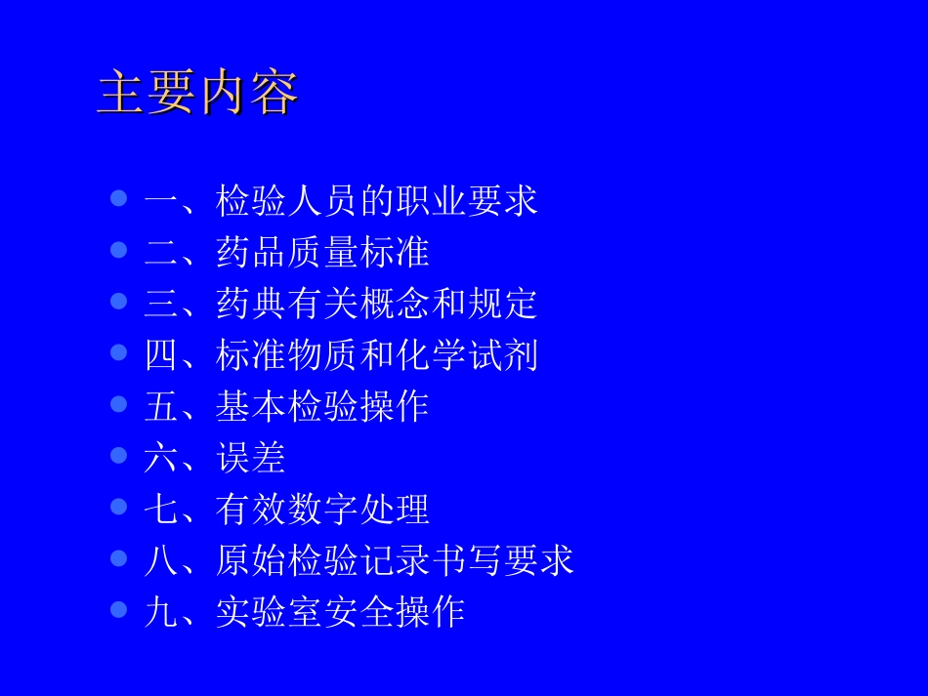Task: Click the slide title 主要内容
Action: [x=197, y=94]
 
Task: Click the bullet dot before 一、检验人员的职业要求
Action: [x=119, y=199]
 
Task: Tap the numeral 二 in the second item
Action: [x=161, y=252]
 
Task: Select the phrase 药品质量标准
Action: [x=322, y=252]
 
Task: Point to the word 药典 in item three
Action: [x=251, y=304]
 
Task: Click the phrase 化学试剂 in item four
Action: [x=466, y=354]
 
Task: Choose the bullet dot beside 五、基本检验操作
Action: [x=119, y=404]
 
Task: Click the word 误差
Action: [x=251, y=457]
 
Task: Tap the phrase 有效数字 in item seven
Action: [x=287, y=509]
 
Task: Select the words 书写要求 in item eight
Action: [x=502, y=559]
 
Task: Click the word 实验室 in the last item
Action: [x=269, y=611]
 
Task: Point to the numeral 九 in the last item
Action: [x=161, y=611]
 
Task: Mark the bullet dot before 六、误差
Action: [x=119, y=455]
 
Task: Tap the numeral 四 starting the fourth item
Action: [x=161, y=354]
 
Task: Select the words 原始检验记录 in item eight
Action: [x=322, y=559]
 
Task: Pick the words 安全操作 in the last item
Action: [x=395, y=611]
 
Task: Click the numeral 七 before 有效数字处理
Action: [x=161, y=509]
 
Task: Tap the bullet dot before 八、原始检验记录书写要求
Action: [x=119, y=557]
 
